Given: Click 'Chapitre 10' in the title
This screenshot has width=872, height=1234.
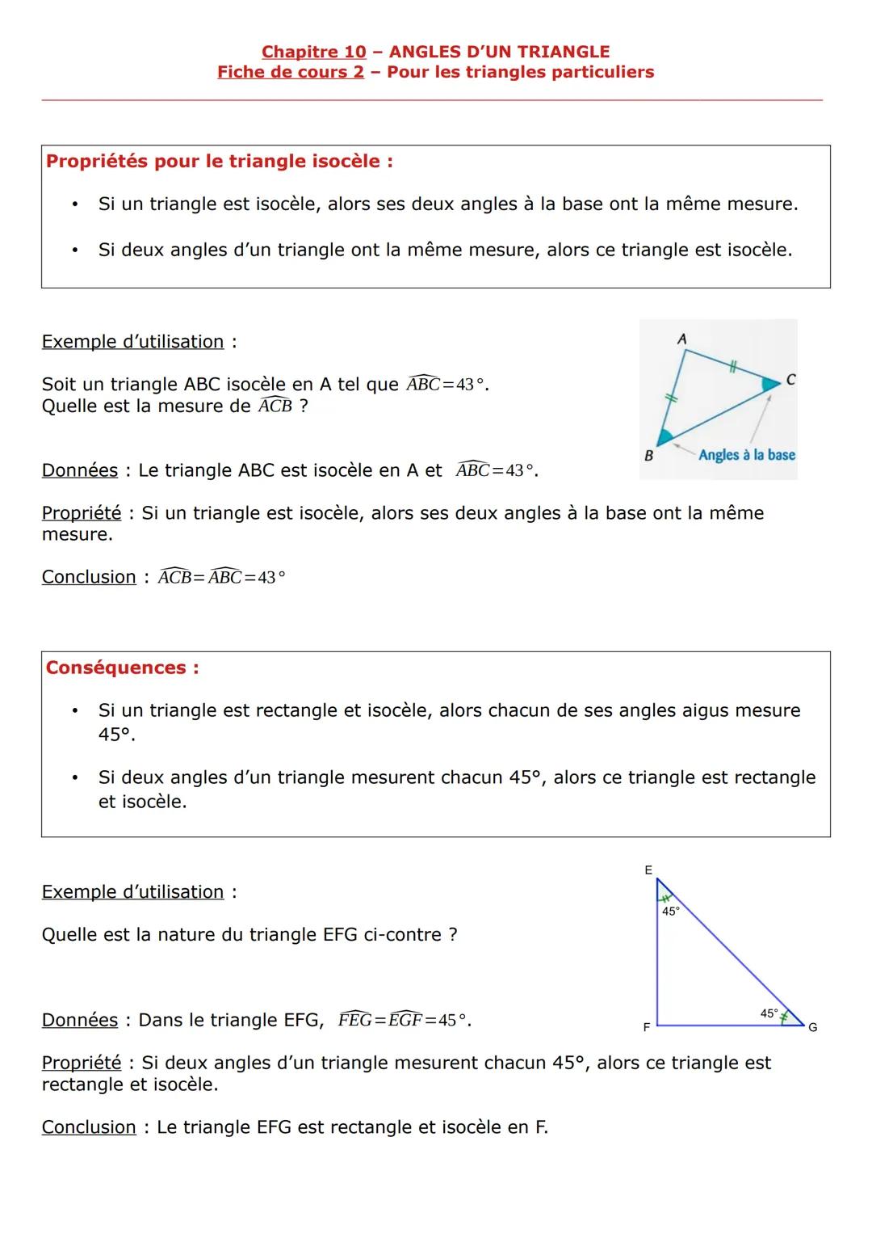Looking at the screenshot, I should pos(313,52).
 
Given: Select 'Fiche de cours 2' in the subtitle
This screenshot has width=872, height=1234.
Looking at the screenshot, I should pos(291,72).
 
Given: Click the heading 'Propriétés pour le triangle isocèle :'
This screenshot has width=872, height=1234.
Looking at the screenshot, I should pos(220,161).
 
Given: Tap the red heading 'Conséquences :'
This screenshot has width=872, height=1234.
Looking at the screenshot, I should pos(123,668).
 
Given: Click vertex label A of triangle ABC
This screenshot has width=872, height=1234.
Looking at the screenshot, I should pos(682,339).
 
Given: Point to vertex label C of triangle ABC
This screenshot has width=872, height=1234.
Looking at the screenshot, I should pos(790,379).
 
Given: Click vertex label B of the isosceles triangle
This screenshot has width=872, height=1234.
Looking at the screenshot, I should pos(648,456).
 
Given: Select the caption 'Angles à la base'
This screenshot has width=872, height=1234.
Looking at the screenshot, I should pos(747,455).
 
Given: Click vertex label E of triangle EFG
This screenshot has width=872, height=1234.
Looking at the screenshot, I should pos(648,870).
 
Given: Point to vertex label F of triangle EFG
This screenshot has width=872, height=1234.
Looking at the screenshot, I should pos(646,1027).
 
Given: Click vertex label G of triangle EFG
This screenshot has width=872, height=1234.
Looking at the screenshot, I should pos(813,1027).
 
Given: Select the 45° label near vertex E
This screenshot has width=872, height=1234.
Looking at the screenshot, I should pos(671,911).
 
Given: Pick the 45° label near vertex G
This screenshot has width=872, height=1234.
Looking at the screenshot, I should pos(769,1013).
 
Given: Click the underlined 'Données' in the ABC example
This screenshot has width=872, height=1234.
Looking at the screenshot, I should pos(80,470).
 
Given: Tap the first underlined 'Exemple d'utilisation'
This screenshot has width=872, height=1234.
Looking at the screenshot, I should pos(132,342).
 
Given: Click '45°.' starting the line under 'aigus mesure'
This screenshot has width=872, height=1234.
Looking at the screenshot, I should pos(117,735).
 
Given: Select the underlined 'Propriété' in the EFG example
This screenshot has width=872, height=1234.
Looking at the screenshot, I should pos(82,1063).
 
